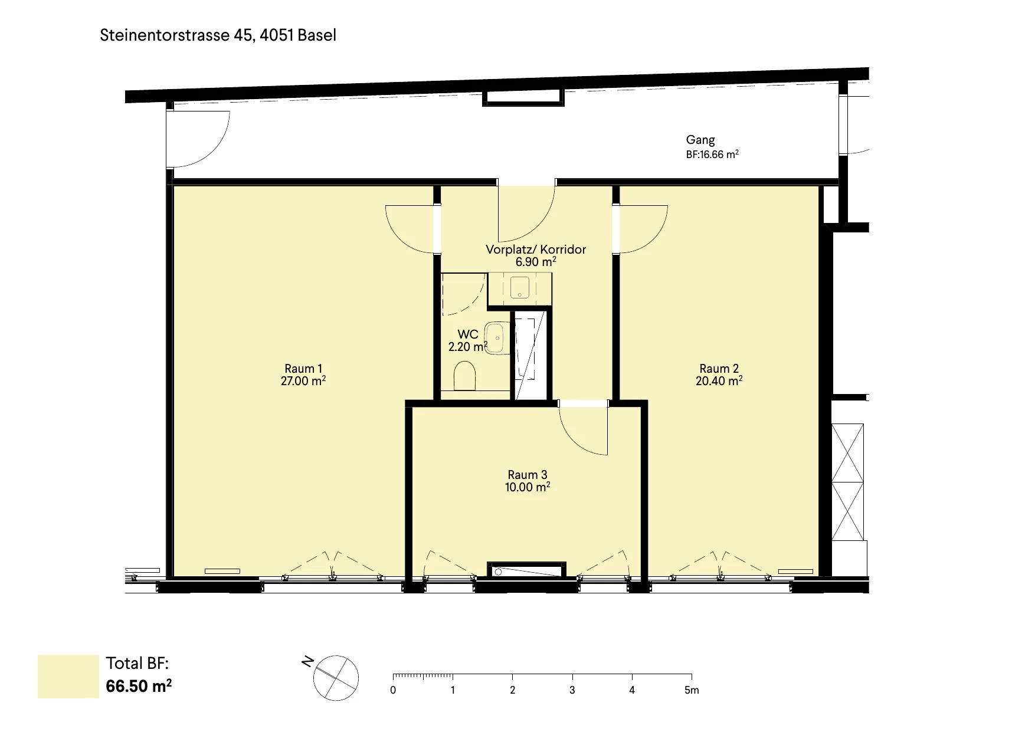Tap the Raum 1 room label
(x=303, y=369)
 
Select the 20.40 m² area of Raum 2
(x=719, y=380)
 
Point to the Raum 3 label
(x=528, y=475)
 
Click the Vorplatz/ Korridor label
(x=536, y=250)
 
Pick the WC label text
(x=468, y=334)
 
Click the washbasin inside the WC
(x=496, y=338)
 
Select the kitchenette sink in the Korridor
(x=519, y=287)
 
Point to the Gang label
(x=700, y=140)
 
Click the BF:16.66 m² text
(x=712, y=155)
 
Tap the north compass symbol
(x=336, y=678)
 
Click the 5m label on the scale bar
(x=692, y=690)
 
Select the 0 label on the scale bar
(x=393, y=690)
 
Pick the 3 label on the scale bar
(x=572, y=690)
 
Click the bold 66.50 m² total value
(x=139, y=686)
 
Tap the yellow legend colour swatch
(x=68, y=677)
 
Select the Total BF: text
(x=137, y=664)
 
